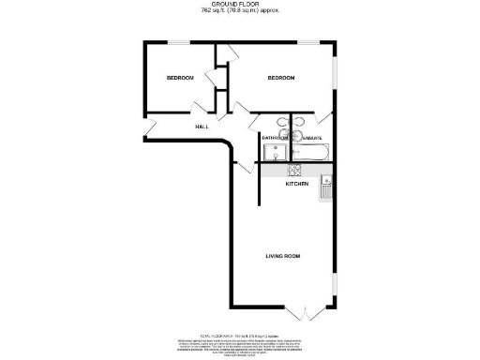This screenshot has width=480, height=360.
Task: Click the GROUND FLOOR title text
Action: tap(240, 5)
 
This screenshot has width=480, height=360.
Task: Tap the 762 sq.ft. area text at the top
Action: tap(240, 11)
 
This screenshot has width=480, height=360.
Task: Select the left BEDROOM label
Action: tap(180, 78)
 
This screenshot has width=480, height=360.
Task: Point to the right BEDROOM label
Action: tap(281, 78)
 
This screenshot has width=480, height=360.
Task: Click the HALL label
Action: tap(202, 127)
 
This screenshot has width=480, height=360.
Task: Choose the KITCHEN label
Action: tap(298, 185)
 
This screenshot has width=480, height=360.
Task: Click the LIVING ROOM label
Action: tap(282, 255)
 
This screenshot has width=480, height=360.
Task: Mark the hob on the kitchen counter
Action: tap(292, 171)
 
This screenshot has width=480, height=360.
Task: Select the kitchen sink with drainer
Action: tap(325, 188)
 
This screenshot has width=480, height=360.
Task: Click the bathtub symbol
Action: tap(309, 152)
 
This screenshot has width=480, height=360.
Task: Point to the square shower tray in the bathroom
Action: tap(276, 153)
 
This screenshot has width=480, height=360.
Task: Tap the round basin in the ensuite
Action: tap(299, 122)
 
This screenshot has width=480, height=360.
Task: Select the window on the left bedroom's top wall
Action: tap(178, 42)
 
